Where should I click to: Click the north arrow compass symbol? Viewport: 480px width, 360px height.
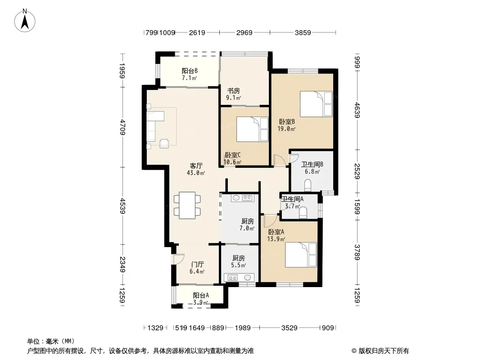click(25, 21)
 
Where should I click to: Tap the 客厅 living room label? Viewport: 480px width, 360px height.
click(196, 166)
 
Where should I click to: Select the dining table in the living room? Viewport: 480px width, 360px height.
click(187, 205)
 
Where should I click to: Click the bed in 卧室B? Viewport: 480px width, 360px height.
click(316, 103)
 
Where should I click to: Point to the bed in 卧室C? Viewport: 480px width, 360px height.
click(252, 129)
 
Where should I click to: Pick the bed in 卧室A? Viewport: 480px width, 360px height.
click(301, 255)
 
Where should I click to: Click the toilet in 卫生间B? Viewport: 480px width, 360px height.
click(308, 185)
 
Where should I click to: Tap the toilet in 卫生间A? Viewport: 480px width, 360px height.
click(303, 213)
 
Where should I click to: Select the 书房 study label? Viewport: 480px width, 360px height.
click(233, 91)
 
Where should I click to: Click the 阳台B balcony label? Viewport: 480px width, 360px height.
click(190, 71)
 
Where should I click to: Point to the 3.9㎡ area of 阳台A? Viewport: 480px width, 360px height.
click(200, 303)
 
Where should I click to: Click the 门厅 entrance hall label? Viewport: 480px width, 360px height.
click(197, 264)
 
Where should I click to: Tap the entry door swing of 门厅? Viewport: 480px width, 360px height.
click(178, 259)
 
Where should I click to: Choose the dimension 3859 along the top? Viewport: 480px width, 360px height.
click(303, 32)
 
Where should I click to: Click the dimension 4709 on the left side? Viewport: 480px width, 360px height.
click(122, 127)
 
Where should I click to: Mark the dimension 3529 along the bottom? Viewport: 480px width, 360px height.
click(289, 328)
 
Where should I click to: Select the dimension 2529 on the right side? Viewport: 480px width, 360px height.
click(357, 171)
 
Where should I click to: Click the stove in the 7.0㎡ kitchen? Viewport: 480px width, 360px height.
click(247, 198)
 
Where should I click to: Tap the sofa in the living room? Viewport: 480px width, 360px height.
click(155, 126)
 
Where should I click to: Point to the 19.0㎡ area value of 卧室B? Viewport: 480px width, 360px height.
click(286, 129)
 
